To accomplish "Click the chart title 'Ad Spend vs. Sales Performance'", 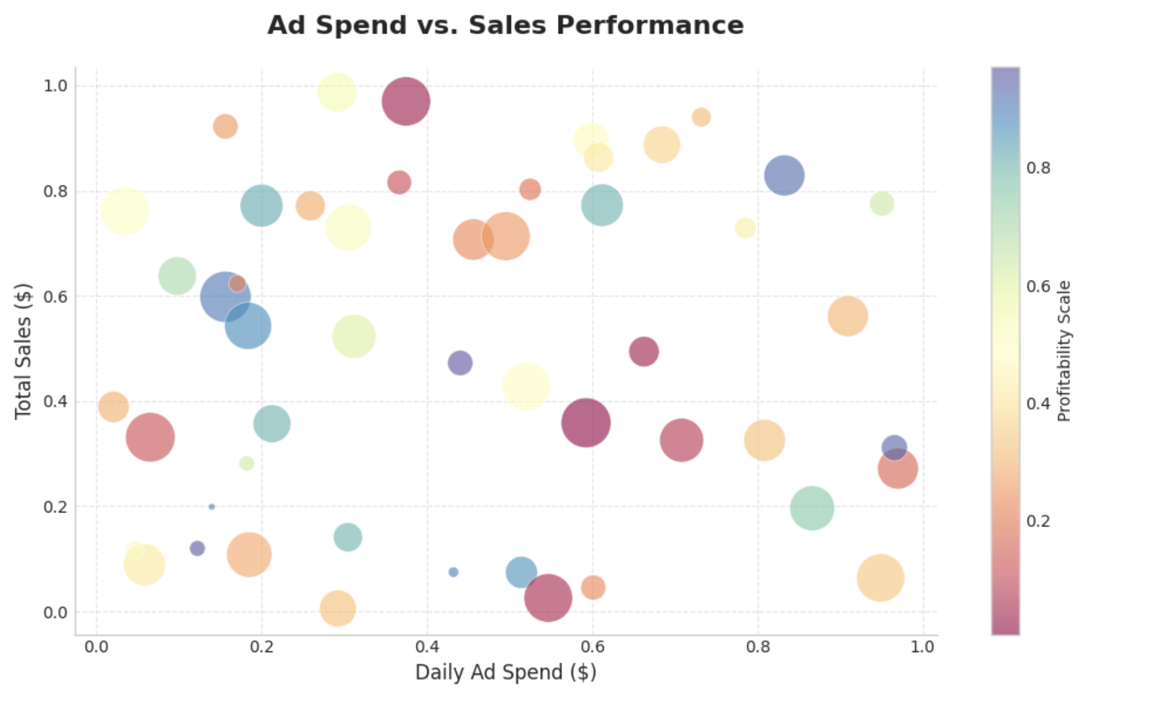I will [x=505, y=25].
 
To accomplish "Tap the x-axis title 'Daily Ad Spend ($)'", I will [x=505, y=672].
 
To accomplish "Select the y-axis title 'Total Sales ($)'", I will [x=23, y=350].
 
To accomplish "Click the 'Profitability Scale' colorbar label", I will [x=1064, y=350].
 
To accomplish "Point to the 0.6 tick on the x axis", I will [x=592, y=646].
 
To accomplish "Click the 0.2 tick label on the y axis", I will [x=55, y=507].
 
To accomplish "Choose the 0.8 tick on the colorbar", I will [x=1038, y=168].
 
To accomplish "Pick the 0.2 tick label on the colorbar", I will [x=1038, y=521].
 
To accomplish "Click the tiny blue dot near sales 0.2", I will [x=211, y=507].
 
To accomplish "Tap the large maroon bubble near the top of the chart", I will [x=406, y=102].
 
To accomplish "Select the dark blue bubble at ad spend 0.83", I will [x=784, y=175].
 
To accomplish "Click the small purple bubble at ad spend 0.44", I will [x=460, y=363].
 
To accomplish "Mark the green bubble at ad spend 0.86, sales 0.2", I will [x=812, y=508].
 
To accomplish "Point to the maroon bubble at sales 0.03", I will [x=548, y=598].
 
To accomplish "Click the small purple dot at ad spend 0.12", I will [x=197, y=548].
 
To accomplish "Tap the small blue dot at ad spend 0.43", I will [x=453, y=572].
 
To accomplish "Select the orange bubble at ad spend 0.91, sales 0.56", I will [x=847, y=316].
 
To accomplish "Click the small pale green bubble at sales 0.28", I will [x=246, y=464].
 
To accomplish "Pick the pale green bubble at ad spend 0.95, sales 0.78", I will [x=882, y=204].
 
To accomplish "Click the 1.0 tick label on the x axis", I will [x=922, y=646].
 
